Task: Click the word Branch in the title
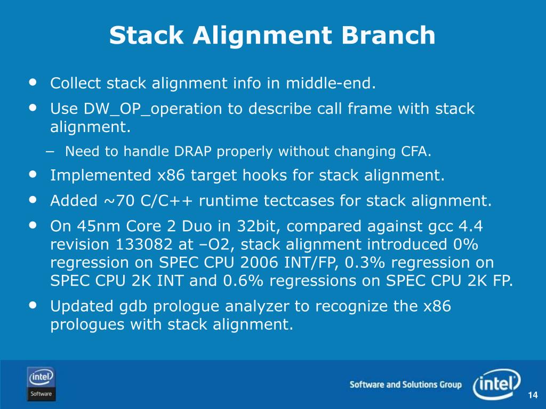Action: (x=388, y=35)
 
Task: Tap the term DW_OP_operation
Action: (x=152, y=109)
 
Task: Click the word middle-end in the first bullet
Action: (x=331, y=83)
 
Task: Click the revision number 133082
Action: (x=143, y=244)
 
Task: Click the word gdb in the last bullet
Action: (x=132, y=306)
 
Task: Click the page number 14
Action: (x=533, y=396)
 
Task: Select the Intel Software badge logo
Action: (x=41, y=384)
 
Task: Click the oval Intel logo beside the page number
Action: (x=497, y=384)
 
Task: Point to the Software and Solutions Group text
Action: (x=406, y=385)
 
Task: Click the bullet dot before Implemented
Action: (x=33, y=174)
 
